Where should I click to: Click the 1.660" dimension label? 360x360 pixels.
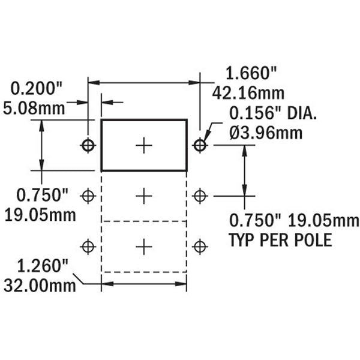click(x=251, y=74)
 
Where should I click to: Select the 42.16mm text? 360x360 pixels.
click(x=248, y=94)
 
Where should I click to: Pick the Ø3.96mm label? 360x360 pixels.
click(x=266, y=133)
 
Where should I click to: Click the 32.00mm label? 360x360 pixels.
click(x=40, y=285)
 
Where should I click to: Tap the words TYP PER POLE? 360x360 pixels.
click(x=280, y=240)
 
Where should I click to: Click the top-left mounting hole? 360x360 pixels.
click(x=89, y=145)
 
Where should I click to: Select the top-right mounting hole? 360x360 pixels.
click(x=200, y=145)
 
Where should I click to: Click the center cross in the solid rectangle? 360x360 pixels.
click(x=143, y=145)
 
